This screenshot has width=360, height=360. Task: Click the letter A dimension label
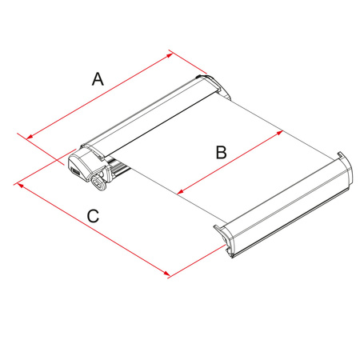[98, 78]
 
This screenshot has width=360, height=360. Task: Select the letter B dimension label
[222, 152]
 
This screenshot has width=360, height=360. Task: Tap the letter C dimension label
[93, 216]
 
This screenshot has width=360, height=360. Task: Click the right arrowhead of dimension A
[170, 54]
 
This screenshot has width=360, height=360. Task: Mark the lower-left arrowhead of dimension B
[178, 193]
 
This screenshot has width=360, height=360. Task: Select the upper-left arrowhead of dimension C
[17, 183]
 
